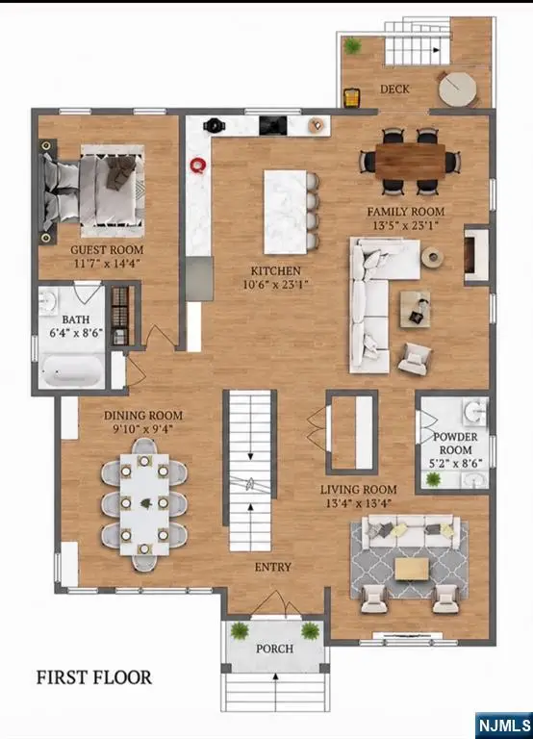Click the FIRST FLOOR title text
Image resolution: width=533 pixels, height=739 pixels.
(x=94, y=677)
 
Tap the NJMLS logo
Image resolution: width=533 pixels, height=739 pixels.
(x=503, y=725)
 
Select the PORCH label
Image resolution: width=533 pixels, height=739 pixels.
(x=275, y=649)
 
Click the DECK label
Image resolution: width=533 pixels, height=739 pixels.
(x=394, y=89)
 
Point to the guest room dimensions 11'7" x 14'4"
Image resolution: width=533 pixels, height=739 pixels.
(x=107, y=263)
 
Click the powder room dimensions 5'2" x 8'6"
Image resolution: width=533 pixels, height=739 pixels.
(x=455, y=463)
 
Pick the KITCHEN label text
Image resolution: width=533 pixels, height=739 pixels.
(x=276, y=271)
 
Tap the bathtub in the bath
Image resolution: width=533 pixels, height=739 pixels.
(x=71, y=371)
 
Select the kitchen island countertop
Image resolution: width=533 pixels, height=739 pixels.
(x=286, y=212)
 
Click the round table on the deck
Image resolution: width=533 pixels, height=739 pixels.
(x=457, y=89)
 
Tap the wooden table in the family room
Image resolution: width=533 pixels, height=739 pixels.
(x=410, y=162)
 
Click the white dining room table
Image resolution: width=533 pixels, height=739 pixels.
(x=144, y=504)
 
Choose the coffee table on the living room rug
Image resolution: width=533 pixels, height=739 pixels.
(x=412, y=569)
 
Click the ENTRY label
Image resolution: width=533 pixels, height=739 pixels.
(x=273, y=567)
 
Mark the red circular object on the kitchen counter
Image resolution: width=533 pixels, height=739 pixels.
(x=198, y=166)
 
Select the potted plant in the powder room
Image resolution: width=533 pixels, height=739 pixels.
(x=433, y=480)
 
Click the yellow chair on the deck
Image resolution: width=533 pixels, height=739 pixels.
(x=351, y=97)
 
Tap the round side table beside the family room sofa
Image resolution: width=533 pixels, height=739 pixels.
(x=432, y=257)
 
